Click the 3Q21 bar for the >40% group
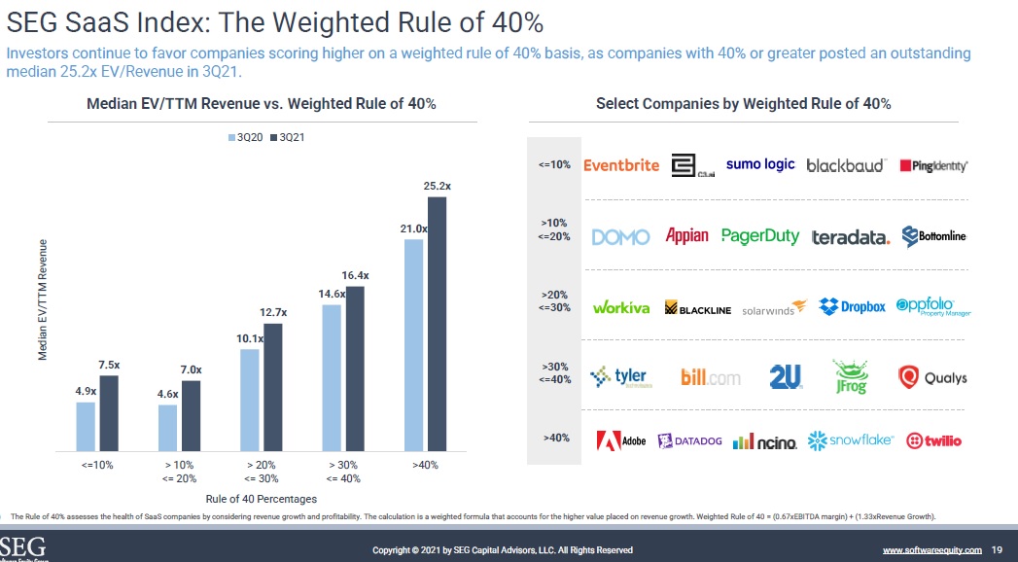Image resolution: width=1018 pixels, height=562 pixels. (x=437, y=324)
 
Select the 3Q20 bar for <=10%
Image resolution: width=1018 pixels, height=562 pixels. (x=86, y=427)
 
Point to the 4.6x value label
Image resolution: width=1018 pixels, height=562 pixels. (x=167, y=394)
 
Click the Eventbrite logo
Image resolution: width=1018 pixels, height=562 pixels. (x=621, y=165)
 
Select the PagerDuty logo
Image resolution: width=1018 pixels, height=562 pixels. (x=760, y=236)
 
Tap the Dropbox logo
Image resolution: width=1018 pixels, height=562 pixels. (x=852, y=306)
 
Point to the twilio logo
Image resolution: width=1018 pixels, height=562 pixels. (x=933, y=440)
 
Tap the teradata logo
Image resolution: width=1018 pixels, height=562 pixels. (x=850, y=237)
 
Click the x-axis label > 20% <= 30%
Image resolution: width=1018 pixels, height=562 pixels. (x=262, y=472)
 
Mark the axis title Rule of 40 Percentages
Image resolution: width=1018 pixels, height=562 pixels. (x=261, y=498)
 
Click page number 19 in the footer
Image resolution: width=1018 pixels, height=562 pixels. (x=996, y=550)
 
